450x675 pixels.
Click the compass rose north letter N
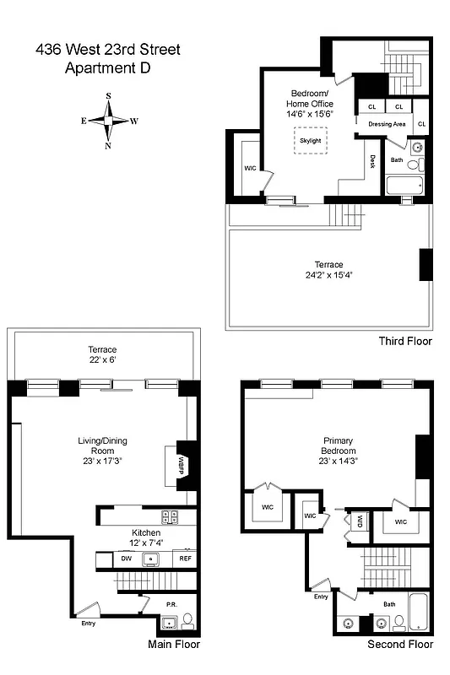point(108,146)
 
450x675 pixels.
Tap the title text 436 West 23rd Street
point(107,50)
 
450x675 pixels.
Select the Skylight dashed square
point(310,140)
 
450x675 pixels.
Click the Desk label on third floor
point(371,160)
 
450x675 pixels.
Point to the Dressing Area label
point(388,124)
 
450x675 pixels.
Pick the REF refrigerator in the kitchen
point(185,558)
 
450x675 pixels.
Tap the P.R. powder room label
point(171,605)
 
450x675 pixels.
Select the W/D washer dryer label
point(359,521)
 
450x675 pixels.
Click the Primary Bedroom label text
point(338,445)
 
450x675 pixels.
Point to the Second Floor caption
point(399,645)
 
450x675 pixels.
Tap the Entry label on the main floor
point(89,624)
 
